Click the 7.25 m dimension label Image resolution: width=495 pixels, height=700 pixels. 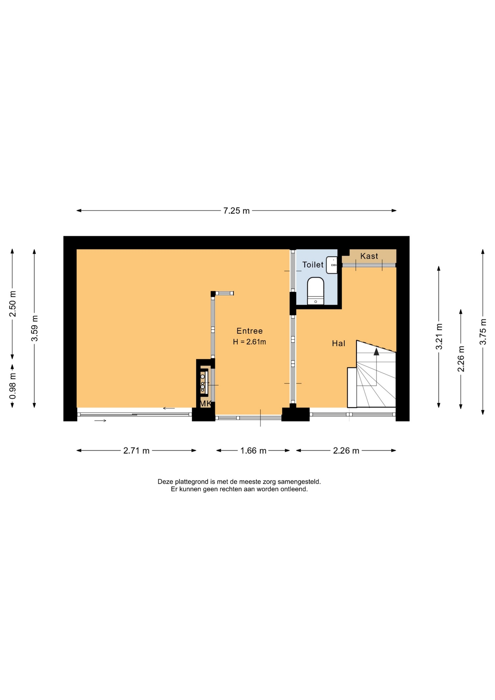pos(236,211)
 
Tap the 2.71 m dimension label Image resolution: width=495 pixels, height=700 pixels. pos(136,451)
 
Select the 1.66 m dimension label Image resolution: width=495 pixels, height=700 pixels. pos(253,451)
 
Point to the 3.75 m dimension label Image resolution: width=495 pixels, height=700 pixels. pos(483,332)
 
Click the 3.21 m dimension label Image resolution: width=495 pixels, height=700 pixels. pos(439,337)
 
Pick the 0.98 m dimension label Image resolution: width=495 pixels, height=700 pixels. pos(12,386)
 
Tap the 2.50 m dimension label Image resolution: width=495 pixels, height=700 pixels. pos(12,304)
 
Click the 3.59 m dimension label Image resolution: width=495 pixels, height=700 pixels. pos(35,328)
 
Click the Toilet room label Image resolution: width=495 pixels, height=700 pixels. pos(313,265)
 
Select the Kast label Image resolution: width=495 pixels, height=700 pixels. pos(369,256)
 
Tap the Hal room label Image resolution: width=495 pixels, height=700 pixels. pos(338,343)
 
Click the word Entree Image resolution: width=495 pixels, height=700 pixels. pos(249,331)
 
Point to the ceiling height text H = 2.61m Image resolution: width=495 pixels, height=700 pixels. pos(249,342)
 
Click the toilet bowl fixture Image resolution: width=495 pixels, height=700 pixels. pos(316,291)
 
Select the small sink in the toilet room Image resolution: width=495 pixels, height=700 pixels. pos(332,265)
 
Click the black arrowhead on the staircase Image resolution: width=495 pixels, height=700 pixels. pos(376,351)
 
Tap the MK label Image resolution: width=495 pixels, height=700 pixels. pos(206,404)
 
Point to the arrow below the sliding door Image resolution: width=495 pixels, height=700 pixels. pos(100,421)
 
